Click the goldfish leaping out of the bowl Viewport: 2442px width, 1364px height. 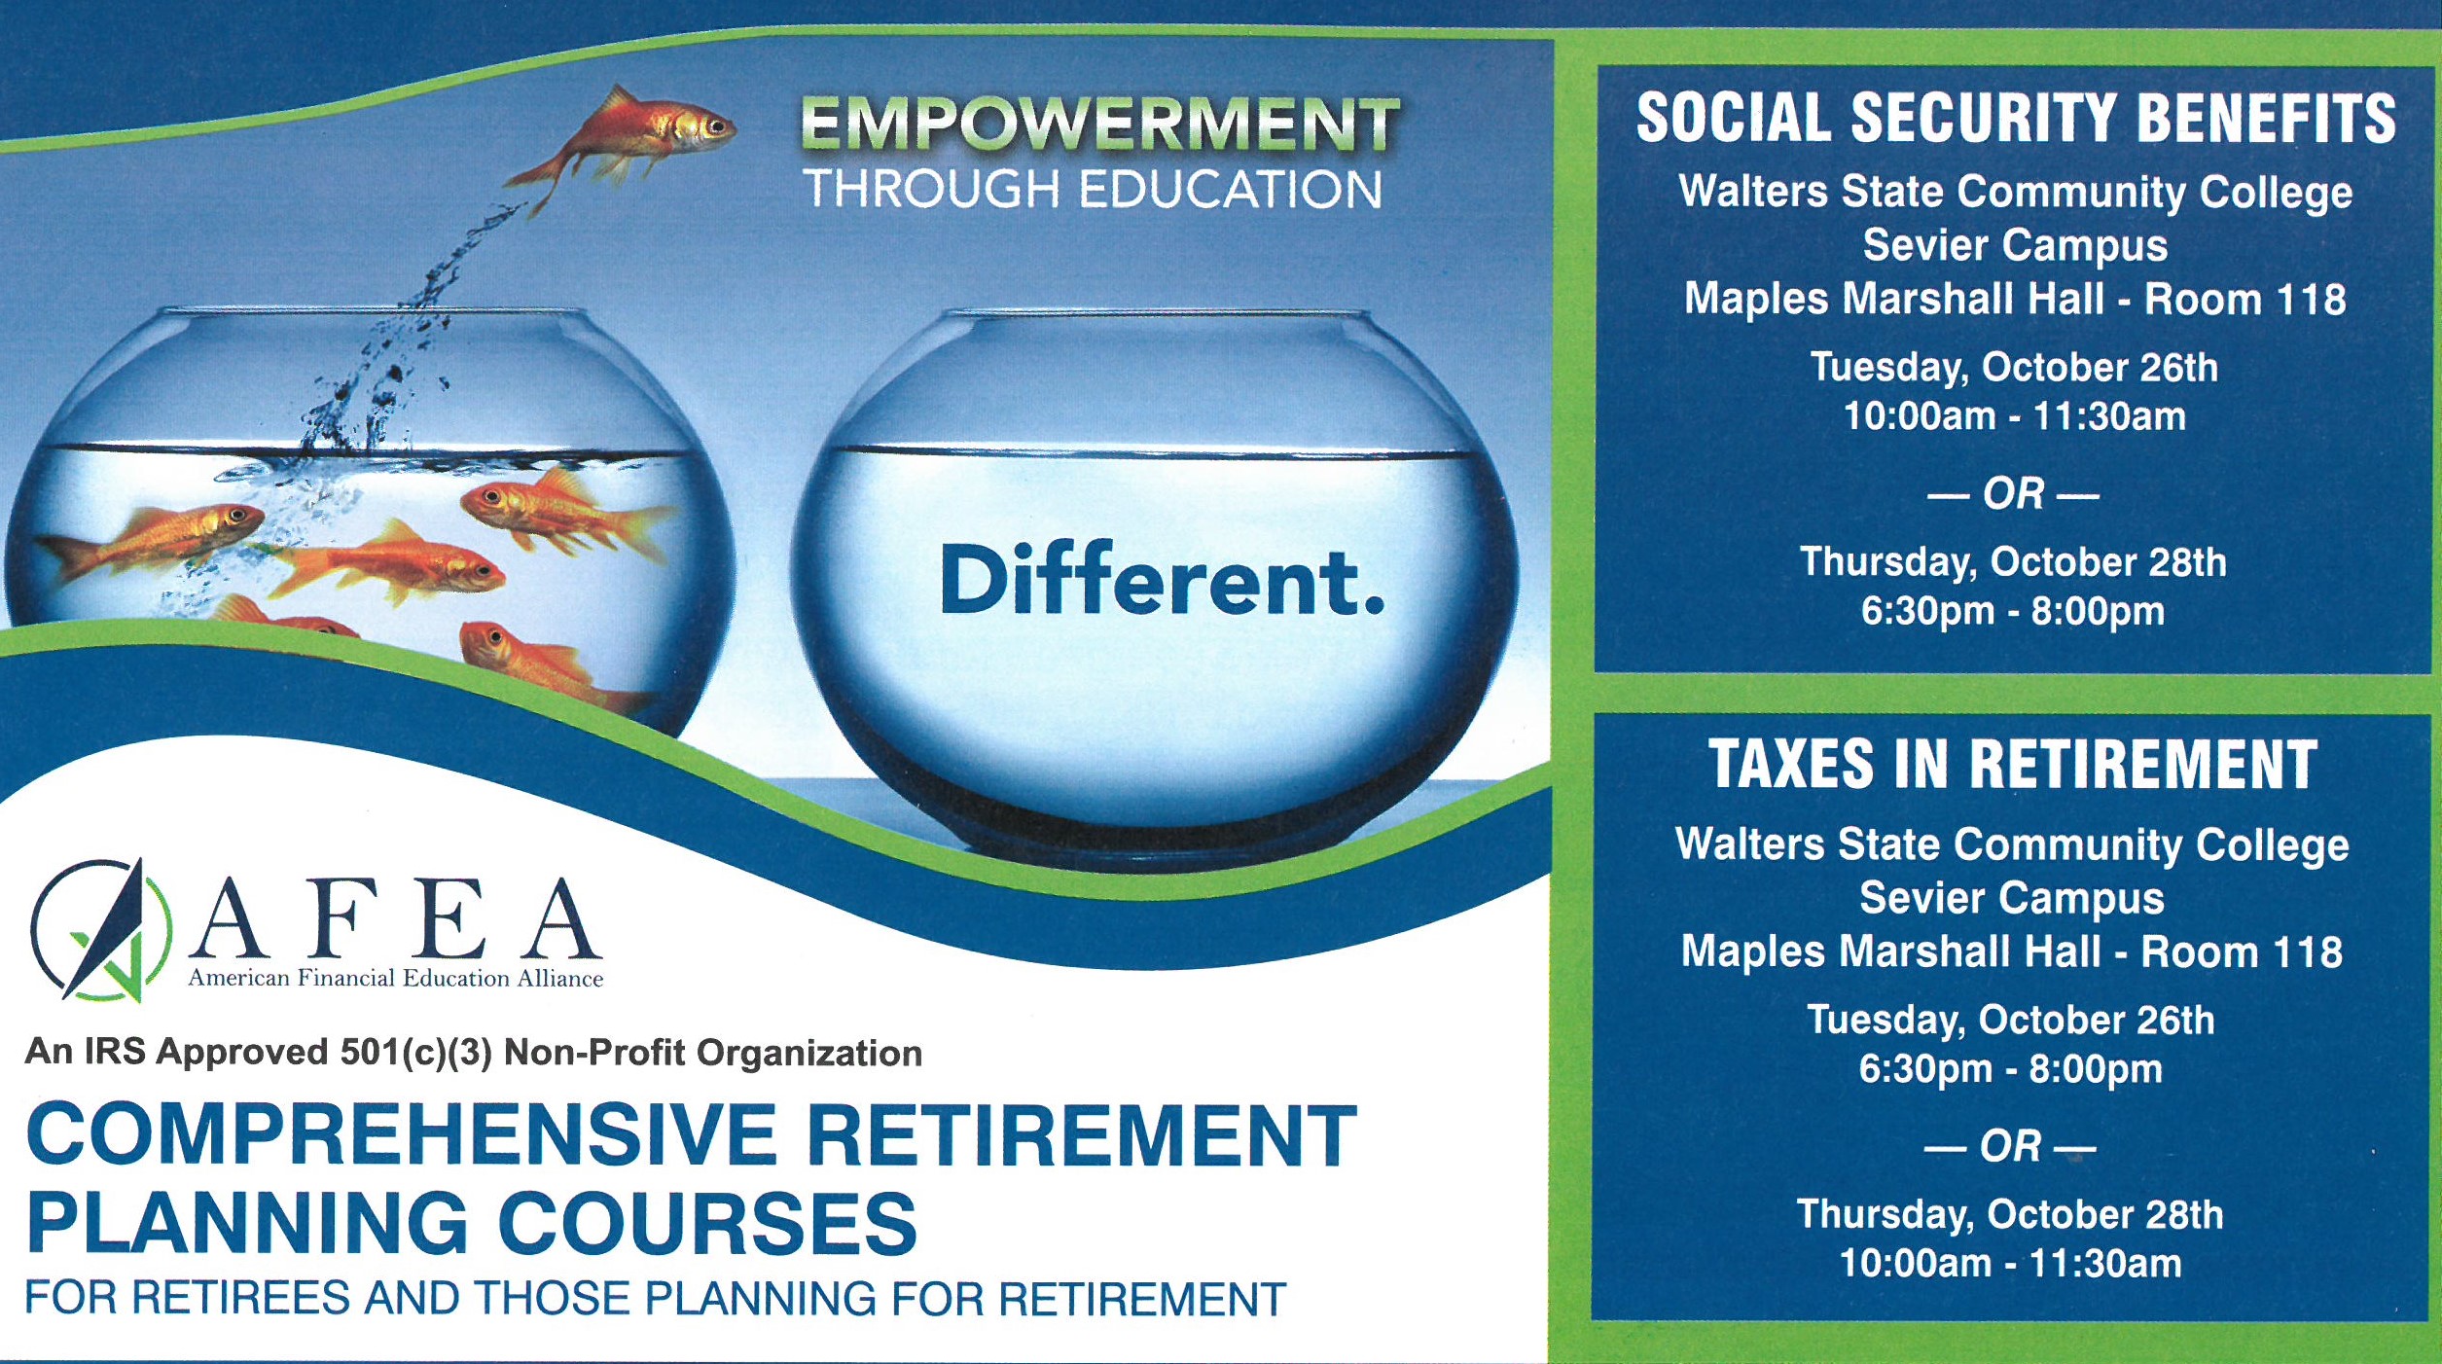tap(623, 141)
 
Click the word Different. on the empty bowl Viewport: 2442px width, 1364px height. tap(1162, 581)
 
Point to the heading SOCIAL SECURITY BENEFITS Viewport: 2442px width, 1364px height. tap(2016, 119)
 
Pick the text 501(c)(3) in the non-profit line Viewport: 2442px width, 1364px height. tap(415, 1052)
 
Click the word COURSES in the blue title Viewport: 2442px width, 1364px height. tap(708, 1223)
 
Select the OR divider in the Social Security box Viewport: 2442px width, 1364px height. tap(2013, 494)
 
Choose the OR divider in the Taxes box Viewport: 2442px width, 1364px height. tap(2009, 1146)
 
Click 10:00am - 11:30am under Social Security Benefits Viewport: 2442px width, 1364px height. tap(2015, 416)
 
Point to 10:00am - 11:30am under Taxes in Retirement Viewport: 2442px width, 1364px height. tap(2010, 1264)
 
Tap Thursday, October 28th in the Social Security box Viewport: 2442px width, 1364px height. tap(2013, 562)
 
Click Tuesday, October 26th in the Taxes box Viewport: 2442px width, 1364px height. tap(2010, 1020)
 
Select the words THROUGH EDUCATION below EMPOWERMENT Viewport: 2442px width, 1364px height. tap(1092, 189)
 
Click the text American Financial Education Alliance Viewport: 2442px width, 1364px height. tap(396, 978)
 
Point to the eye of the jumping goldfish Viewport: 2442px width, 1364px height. tap(718, 126)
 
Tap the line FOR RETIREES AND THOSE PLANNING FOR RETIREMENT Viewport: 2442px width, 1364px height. tap(656, 1299)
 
